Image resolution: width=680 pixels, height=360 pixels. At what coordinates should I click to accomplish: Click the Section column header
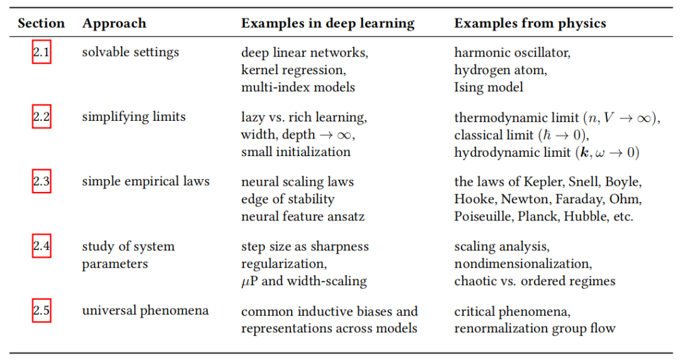tap(41, 24)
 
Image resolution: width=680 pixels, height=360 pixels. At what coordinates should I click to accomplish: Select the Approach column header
tap(114, 24)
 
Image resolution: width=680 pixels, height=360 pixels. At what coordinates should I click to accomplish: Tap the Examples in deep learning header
tap(327, 24)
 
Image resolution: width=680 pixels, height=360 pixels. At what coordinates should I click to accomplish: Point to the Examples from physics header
tap(530, 24)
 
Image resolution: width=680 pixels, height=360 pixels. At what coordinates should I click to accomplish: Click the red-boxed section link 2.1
tap(42, 52)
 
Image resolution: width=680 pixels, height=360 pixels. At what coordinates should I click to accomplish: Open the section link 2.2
tap(42, 117)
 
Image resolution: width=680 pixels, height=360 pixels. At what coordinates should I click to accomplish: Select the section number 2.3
tap(42, 182)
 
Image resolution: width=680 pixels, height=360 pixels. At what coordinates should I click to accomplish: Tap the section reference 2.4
tap(42, 246)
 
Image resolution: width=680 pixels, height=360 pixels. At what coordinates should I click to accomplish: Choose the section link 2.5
tap(42, 311)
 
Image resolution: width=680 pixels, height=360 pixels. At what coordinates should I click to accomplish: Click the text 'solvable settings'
tap(130, 52)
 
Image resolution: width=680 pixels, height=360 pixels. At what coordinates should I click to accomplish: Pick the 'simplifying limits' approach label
tap(133, 117)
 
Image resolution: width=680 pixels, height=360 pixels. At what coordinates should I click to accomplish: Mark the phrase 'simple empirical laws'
tap(145, 182)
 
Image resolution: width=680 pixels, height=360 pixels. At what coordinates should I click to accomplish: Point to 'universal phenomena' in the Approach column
tap(145, 311)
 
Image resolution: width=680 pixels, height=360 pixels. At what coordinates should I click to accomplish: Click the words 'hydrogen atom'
tap(501, 70)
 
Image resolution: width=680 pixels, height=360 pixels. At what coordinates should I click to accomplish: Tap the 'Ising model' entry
tap(489, 87)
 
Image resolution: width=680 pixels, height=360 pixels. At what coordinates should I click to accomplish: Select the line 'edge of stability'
tap(288, 200)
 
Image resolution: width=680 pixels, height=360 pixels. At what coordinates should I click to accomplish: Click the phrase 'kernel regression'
tap(293, 70)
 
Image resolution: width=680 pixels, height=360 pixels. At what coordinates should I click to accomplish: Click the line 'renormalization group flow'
tap(535, 329)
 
